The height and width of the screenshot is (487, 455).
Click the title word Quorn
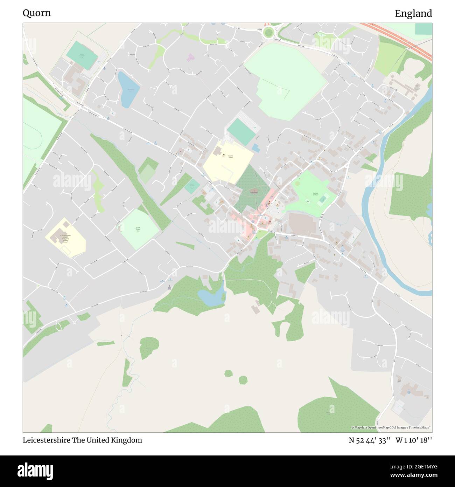click(37, 13)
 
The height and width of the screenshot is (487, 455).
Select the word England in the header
click(413, 14)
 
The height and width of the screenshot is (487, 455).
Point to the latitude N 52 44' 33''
click(369, 440)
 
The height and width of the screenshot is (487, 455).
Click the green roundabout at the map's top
click(269, 33)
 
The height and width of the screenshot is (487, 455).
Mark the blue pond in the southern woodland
click(211, 297)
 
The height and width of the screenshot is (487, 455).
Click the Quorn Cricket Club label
click(138, 229)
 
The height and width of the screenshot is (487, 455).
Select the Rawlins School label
click(230, 157)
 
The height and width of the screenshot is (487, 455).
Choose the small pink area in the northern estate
click(191, 57)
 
